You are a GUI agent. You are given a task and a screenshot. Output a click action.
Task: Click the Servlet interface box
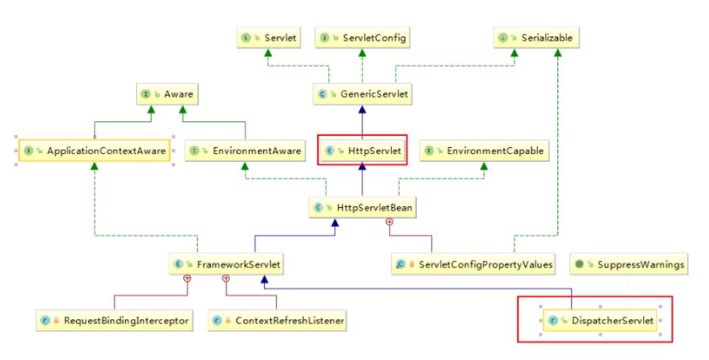[268, 38]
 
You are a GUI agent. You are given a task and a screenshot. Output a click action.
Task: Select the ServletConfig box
[362, 38]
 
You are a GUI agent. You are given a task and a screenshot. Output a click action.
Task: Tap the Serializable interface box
[536, 38]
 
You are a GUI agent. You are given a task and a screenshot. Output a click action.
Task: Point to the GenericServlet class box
[362, 94]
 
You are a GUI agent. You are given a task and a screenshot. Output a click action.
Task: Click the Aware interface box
[167, 94]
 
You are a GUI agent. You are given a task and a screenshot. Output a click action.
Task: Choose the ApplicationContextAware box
[94, 151]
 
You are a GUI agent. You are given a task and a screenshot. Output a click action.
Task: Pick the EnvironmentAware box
[245, 151]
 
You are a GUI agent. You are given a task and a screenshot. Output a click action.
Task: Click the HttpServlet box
[363, 151]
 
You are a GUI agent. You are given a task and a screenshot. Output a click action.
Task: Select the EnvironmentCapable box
[484, 151]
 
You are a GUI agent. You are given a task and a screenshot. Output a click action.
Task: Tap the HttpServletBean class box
[362, 208]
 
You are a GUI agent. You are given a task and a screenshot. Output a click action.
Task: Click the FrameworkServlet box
[226, 264]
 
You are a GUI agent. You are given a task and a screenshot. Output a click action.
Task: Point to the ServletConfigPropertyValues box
[473, 264]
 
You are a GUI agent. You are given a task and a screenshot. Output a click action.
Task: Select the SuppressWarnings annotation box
[628, 264]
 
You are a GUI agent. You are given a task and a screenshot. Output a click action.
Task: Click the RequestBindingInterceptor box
[115, 321]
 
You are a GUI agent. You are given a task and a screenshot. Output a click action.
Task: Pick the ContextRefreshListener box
[277, 321]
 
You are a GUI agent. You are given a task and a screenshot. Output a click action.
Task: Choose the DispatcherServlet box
[600, 321]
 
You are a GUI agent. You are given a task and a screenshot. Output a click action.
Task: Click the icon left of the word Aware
[146, 94]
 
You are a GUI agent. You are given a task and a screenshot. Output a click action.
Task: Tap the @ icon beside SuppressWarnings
[579, 264]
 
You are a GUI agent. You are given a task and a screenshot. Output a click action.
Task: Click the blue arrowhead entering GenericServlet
[362, 109]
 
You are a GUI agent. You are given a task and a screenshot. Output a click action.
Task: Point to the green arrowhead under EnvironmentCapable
[484, 166]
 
